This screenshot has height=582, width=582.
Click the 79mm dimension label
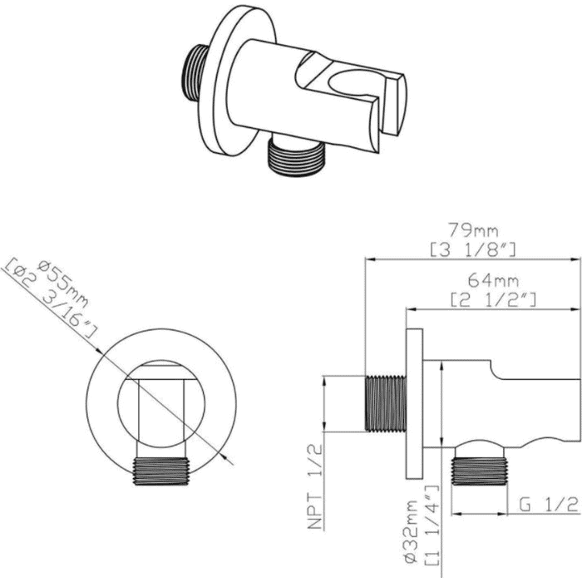tap(472, 231)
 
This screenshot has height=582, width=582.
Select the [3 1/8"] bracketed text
tap(473, 250)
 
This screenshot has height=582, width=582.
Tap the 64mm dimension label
tap(493, 281)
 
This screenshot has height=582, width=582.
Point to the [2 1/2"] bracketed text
tap(493, 300)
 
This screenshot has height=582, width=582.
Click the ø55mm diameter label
tap(64, 284)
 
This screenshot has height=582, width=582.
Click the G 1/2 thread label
tap(549, 505)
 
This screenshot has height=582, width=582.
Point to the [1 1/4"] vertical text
tap(431, 530)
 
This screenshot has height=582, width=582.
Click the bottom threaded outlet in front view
tap(161, 471)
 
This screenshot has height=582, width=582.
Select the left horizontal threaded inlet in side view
tap(386, 403)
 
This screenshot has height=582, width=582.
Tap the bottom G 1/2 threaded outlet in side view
tap(479, 471)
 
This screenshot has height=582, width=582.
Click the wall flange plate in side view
tap(415, 403)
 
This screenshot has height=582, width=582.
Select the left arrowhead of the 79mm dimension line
tap(370, 259)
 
